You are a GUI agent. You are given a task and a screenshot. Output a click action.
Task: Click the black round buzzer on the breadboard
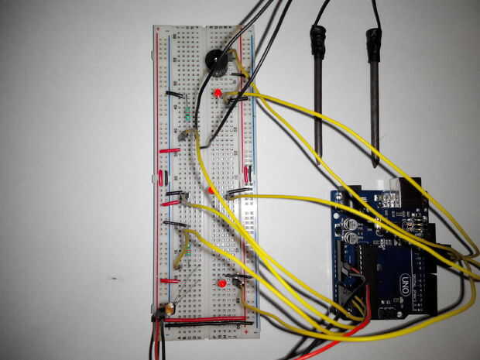coord(214,61)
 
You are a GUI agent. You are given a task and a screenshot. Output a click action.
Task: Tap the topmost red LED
coord(219,94)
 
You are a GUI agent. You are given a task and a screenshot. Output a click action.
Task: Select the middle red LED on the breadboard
coord(211,189)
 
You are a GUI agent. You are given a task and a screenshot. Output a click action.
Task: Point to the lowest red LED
coord(222,284)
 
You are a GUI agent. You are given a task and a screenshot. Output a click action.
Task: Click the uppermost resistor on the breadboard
coord(188,114)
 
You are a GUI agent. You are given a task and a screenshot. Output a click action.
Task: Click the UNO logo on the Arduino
coord(404,279)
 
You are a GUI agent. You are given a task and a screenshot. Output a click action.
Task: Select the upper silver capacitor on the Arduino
coord(351,223)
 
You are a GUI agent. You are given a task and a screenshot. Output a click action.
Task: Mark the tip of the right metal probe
coord(375,163)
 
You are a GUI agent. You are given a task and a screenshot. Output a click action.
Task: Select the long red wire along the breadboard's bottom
coord(209,317)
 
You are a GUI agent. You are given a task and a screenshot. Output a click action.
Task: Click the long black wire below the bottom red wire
coord(209,326)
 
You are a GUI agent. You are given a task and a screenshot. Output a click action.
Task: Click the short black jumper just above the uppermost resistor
coord(176,95)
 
